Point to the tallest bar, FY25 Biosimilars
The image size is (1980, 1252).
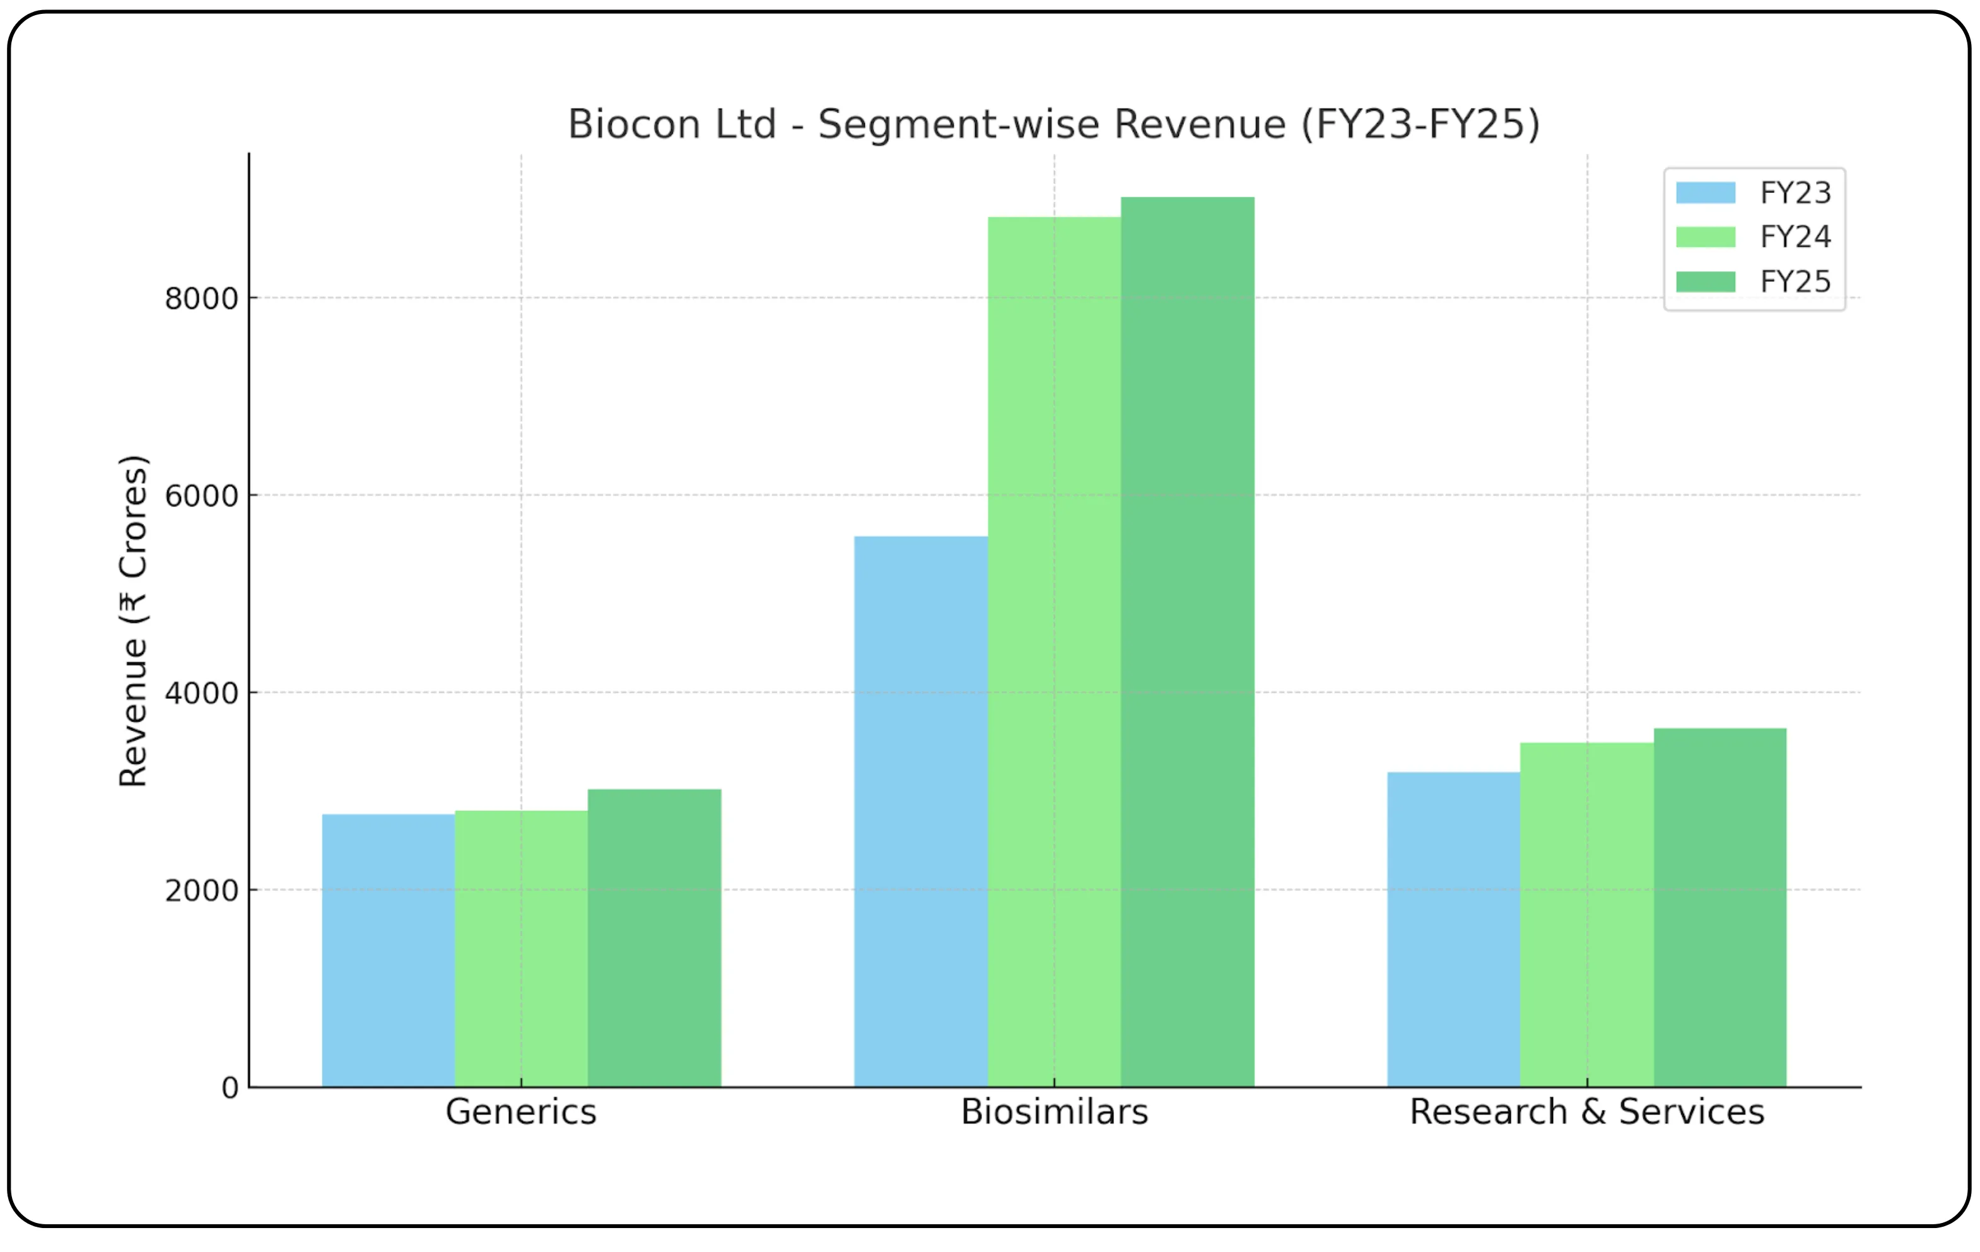[1187, 641]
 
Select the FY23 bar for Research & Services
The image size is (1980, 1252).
[1454, 929]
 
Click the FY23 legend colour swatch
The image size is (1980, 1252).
[1706, 193]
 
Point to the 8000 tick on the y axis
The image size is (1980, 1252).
[201, 299]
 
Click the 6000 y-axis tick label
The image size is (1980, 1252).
[201, 496]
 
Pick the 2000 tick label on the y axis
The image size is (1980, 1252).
[201, 891]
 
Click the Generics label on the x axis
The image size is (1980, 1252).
[521, 1112]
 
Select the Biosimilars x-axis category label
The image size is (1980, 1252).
[1054, 1112]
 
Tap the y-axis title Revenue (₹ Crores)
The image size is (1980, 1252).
[133, 621]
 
